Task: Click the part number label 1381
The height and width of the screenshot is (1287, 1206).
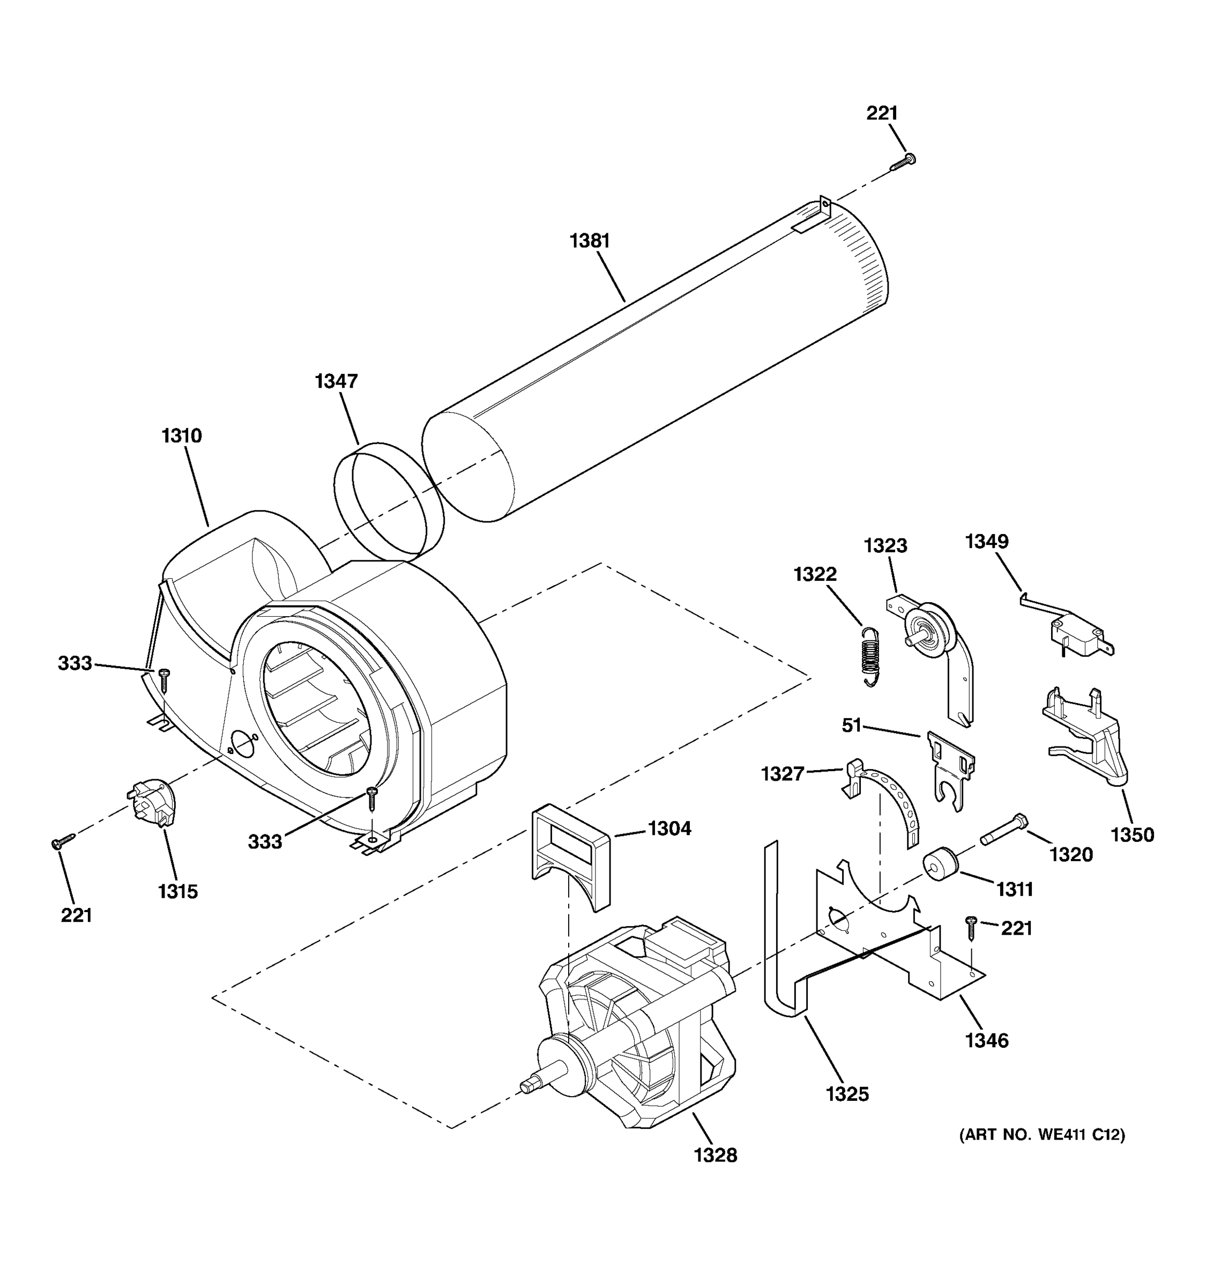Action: coord(590,241)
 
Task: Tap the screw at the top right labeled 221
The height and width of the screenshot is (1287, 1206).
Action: coord(903,162)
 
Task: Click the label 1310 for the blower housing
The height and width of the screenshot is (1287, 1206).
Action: coord(182,435)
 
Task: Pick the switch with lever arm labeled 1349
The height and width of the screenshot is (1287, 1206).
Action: coord(1074,631)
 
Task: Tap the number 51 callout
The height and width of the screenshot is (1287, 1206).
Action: coord(852,726)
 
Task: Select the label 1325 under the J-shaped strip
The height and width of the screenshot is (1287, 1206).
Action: coord(847,1094)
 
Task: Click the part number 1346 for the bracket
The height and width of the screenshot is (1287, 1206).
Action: coord(987,1040)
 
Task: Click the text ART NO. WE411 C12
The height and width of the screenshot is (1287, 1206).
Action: coord(1041,1135)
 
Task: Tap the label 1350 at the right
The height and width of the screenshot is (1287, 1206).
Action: coord(1132,835)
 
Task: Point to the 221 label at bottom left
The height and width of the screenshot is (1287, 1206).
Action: coord(76,915)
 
